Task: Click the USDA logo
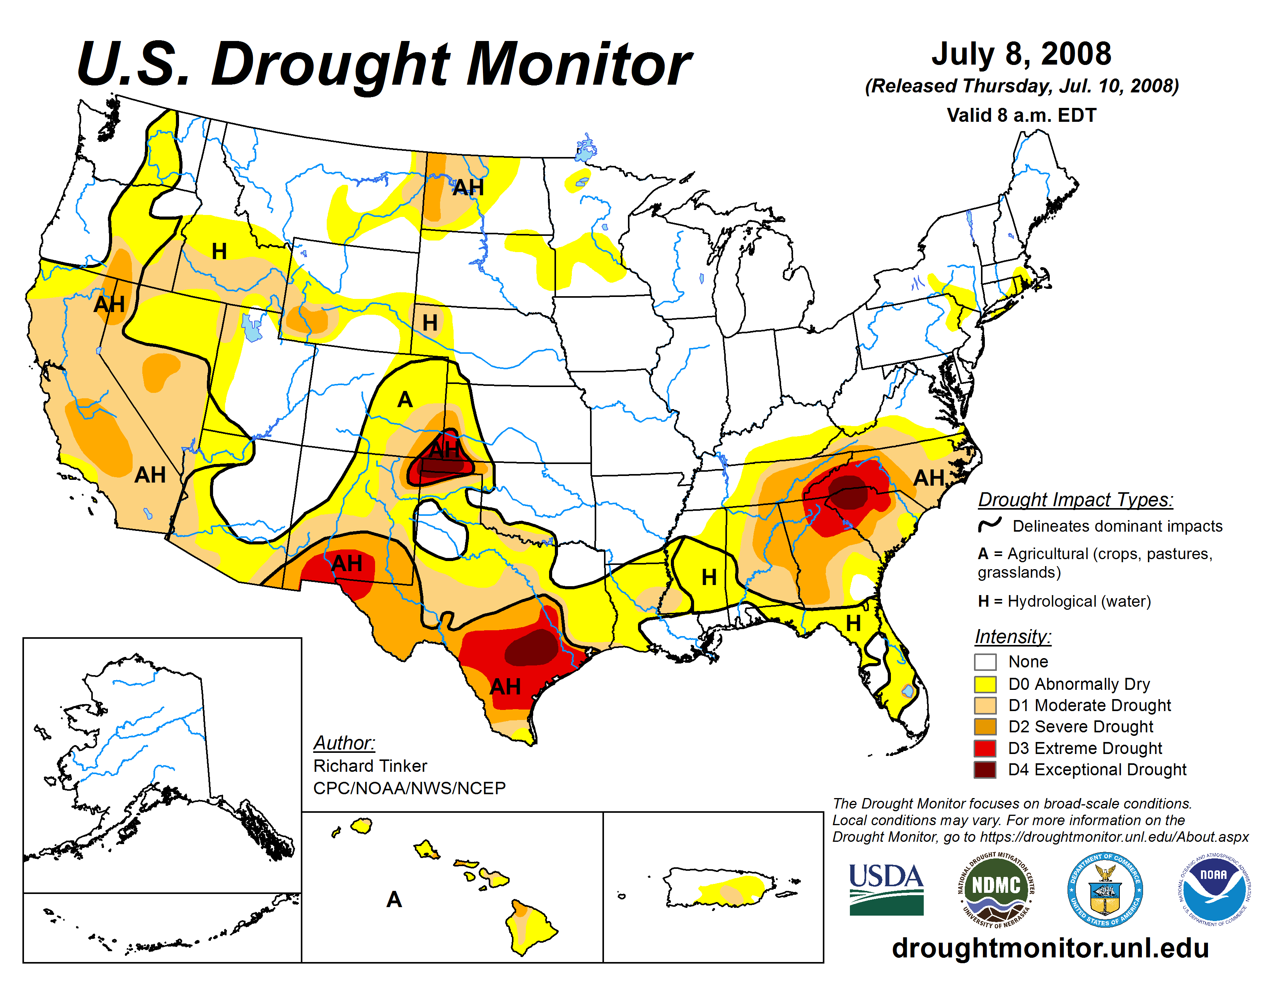[886, 889]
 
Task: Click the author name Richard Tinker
[370, 766]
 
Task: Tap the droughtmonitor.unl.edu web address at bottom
[1050, 947]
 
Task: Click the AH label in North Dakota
[468, 188]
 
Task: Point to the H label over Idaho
[219, 251]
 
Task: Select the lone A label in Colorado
[405, 399]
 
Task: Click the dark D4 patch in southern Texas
[532, 650]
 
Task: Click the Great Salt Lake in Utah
[251, 327]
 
